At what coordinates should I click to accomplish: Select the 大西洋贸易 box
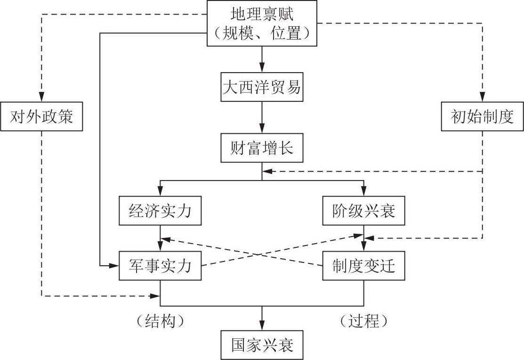coord(262,87)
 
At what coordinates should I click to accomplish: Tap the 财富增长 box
coord(262,148)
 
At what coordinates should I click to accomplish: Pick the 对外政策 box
coord(41,116)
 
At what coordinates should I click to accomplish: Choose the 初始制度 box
coord(483,116)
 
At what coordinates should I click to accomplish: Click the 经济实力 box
coord(161,211)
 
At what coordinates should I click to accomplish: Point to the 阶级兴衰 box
coord(363,211)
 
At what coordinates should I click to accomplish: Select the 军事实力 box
coord(161,266)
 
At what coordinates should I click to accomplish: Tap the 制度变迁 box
coord(363,266)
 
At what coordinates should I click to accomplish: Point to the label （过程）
coord(363,321)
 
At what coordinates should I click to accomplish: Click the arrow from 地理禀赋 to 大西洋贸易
coord(262,59)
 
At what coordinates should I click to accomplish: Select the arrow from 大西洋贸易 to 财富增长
coord(262,118)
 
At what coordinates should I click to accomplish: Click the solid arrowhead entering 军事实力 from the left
coord(114,266)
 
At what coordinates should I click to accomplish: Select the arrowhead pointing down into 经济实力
coord(161,191)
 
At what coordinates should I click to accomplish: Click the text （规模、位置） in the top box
coord(262,33)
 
